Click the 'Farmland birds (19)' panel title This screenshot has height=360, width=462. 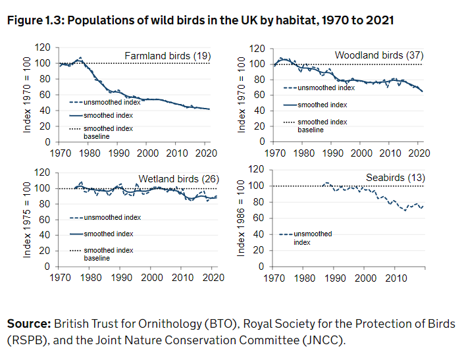tap(167, 56)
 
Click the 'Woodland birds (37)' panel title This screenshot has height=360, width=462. tap(378, 55)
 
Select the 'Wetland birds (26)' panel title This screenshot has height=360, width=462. tap(178, 179)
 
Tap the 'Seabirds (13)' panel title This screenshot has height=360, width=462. tap(396, 178)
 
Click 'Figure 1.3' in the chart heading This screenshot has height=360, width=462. tap(34, 20)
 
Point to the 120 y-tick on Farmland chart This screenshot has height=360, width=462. tap(43, 47)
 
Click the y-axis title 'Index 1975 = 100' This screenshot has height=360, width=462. tap(28, 219)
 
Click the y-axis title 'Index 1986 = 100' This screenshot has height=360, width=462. tap(241, 219)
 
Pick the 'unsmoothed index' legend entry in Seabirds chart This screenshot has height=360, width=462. tap(313, 238)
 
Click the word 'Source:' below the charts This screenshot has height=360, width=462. tap(28, 324)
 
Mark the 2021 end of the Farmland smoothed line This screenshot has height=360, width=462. tap(210, 109)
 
